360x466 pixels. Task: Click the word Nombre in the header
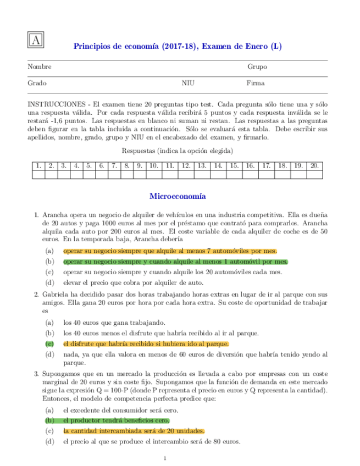click(40, 67)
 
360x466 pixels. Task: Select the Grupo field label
click(257, 67)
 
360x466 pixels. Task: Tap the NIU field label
click(188, 84)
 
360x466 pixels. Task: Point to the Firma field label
click(256, 84)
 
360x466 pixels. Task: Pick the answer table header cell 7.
click(114, 165)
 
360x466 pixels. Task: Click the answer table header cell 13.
click(202, 165)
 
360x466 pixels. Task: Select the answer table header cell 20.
click(314, 165)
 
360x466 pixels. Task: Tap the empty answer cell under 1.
click(38, 175)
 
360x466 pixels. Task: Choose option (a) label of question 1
click(50, 250)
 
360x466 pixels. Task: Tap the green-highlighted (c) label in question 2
click(50, 343)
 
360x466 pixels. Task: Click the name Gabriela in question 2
click(56, 293)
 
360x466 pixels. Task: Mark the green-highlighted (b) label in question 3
click(50, 420)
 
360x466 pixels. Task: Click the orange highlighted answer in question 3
click(134, 431)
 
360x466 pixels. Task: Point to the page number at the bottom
click(165, 458)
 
